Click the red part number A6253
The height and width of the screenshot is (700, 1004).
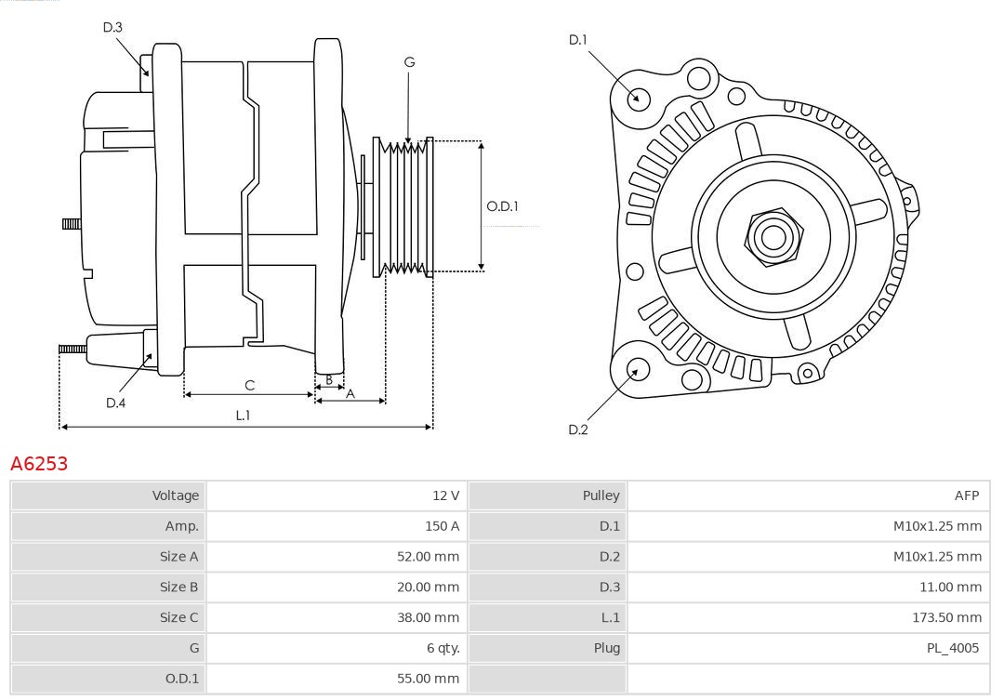(x=39, y=463)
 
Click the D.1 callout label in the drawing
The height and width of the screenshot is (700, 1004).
(x=578, y=39)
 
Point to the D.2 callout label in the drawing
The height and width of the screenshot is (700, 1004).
(x=578, y=429)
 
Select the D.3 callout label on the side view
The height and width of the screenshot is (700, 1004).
(x=112, y=27)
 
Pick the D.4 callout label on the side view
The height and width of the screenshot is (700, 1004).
(x=115, y=403)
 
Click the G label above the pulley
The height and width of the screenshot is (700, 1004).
(x=409, y=62)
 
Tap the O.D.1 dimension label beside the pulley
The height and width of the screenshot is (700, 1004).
(x=502, y=206)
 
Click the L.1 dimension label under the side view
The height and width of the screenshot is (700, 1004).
(x=242, y=416)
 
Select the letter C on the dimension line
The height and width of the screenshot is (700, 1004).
(x=249, y=385)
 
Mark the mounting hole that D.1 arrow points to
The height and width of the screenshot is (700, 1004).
(x=639, y=98)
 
